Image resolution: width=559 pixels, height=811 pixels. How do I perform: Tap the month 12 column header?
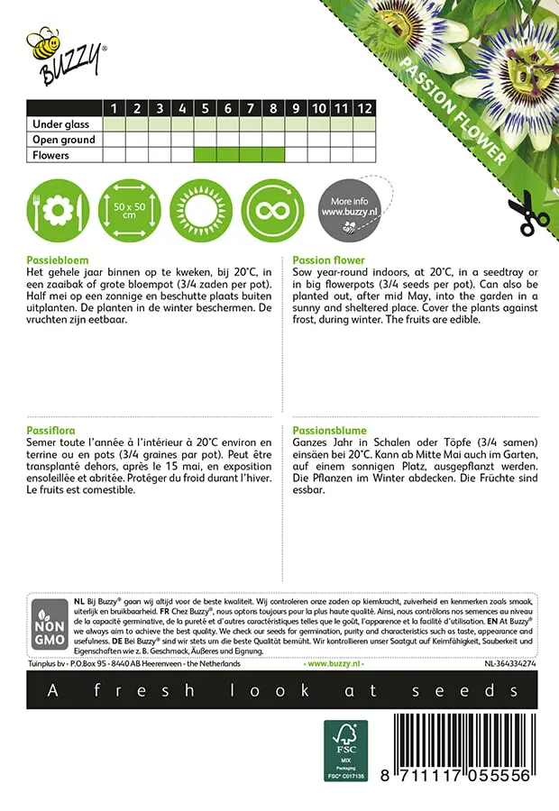(x=363, y=109)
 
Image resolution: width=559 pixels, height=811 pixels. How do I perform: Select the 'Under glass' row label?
(x=62, y=124)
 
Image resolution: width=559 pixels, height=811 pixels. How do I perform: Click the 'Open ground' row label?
(x=64, y=140)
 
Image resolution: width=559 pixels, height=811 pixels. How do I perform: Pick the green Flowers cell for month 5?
(x=206, y=155)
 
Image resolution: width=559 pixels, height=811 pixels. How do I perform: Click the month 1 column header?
(x=115, y=109)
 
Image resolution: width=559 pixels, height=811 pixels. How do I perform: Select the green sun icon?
(x=203, y=208)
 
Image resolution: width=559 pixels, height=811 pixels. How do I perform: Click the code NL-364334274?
(x=509, y=664)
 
